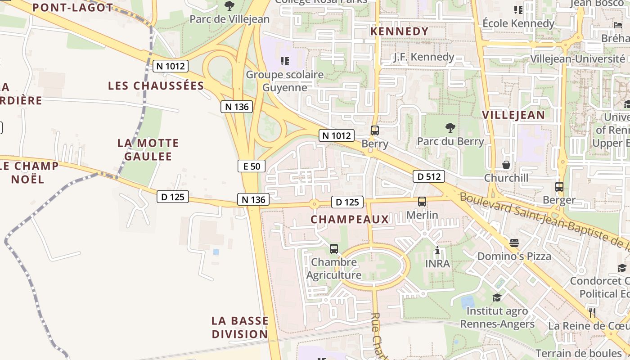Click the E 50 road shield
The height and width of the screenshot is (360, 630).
252,166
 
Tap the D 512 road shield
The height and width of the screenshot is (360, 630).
429,176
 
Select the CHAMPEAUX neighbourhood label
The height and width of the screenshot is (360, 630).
350,219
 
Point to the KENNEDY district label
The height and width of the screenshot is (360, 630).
399,31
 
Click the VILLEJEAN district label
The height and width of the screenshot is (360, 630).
513,114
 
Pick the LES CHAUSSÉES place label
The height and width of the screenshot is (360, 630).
156,85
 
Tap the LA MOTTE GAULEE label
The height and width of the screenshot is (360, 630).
148,150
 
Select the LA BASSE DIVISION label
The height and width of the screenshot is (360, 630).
240,327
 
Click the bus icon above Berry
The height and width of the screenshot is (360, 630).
374,130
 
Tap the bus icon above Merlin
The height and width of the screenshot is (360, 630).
422,202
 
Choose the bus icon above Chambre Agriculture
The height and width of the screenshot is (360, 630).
334,248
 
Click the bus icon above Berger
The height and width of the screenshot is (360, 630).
559,186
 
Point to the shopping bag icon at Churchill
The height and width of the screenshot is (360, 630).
506,165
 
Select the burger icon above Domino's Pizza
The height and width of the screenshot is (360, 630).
514,243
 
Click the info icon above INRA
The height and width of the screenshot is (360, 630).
437,250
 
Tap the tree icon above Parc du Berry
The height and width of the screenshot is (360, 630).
450,128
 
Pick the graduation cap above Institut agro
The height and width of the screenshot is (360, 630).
497,297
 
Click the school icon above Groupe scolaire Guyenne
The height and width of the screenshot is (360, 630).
284,61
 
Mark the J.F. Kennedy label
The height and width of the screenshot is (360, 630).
423,57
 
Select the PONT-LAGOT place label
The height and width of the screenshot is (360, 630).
73,7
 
